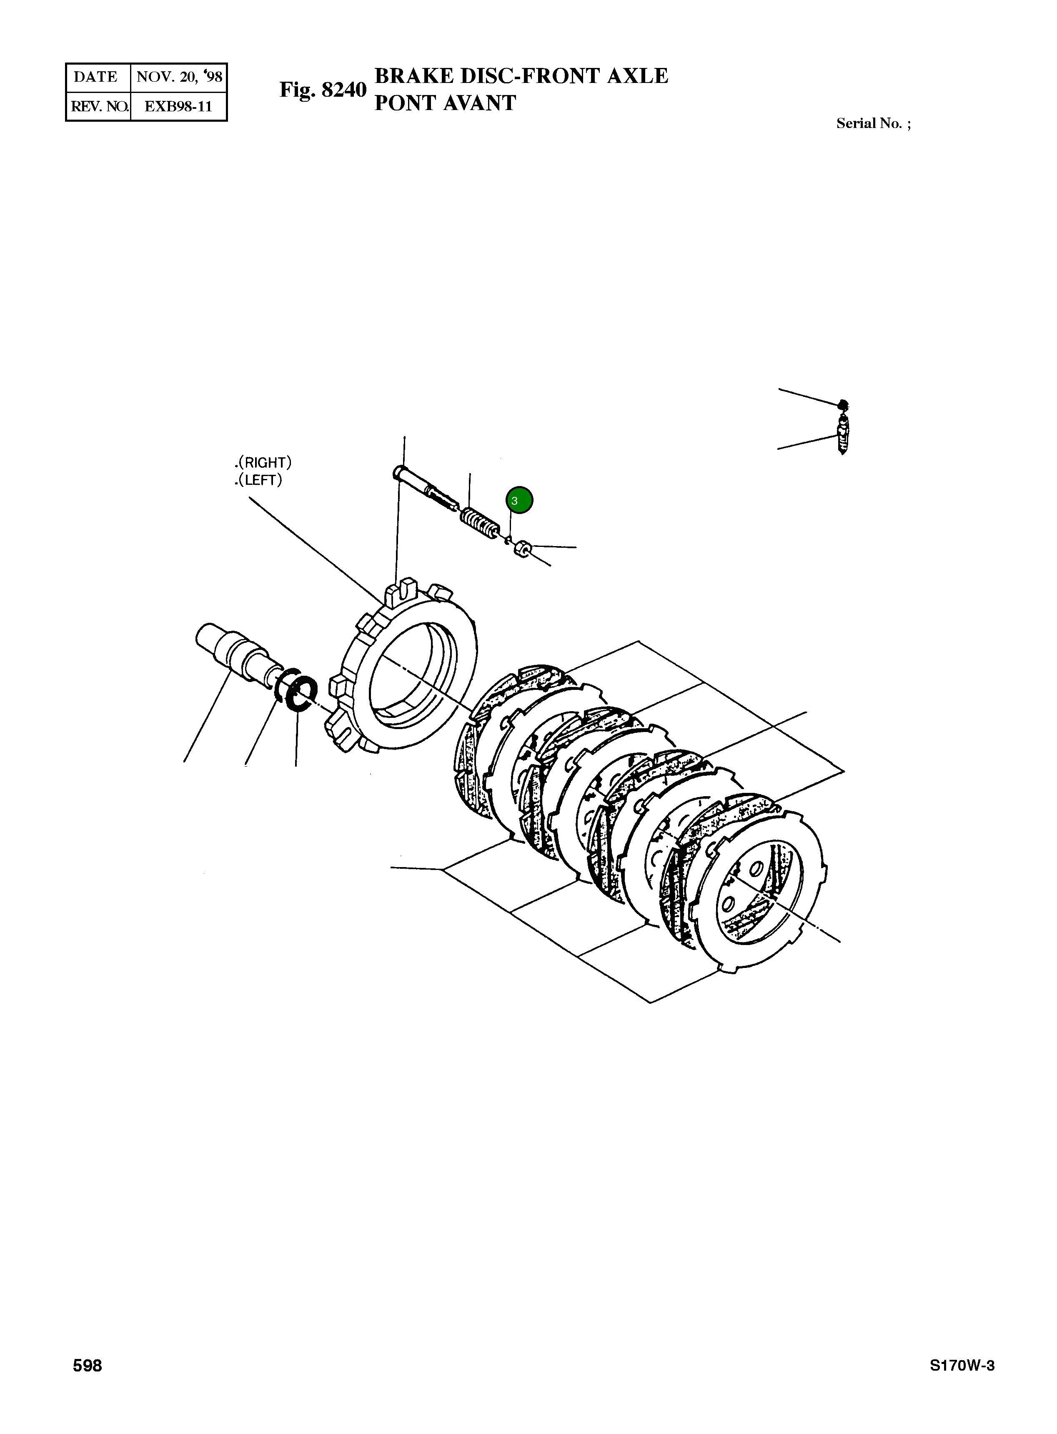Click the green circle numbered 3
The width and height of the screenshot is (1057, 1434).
click(x=519, y=500)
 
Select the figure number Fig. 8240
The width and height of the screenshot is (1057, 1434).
click(x=323, y=90)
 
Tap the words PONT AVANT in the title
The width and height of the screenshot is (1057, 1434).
click(x=445, y=103)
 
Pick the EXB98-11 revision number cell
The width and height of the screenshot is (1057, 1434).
click(x=178, y=106)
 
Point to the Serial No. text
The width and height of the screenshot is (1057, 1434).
click(x=873, y=123)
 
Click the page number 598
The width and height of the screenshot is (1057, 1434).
click(x=88, y=1366)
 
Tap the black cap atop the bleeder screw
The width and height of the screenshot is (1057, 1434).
click(x=843, y=404)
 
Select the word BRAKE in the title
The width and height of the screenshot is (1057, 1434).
click(x=415, y=76)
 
